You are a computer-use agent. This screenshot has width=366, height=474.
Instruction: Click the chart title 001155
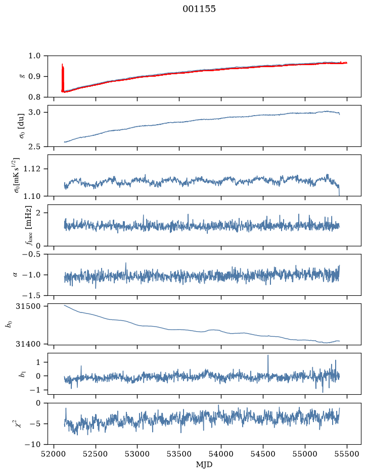coord(199,9)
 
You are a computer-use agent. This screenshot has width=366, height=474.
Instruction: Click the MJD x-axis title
coord(204,464)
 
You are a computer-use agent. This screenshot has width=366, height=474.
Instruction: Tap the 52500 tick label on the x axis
coord(96,454)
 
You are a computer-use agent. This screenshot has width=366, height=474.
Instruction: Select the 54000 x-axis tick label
coord(221,454)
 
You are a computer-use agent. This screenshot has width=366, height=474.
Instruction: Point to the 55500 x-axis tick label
coord(347,454)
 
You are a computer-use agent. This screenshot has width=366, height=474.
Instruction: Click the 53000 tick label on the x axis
coord(138,454)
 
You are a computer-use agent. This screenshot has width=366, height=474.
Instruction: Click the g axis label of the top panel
coord(22,76)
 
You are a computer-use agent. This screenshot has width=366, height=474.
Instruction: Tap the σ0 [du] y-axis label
coord(22,126)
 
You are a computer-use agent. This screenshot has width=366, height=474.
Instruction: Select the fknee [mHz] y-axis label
coord(28,226)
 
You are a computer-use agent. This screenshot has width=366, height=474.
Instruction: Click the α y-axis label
coord(16,275)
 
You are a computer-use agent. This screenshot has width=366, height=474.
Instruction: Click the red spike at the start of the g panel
coord(62,77)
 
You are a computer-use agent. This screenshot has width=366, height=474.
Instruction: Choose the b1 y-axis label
coord(22,374)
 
